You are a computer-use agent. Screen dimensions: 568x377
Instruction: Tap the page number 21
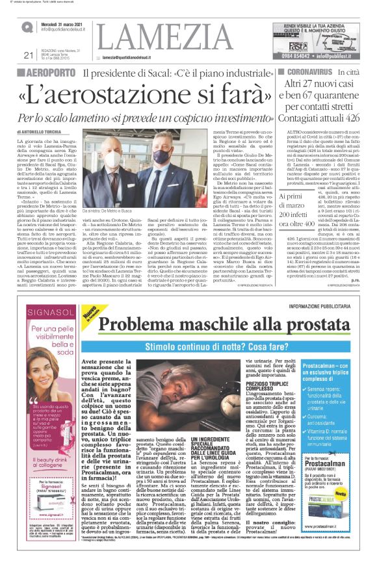[x=27, y=55]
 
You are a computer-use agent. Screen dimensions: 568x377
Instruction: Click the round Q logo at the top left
[x=27, y=27]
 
